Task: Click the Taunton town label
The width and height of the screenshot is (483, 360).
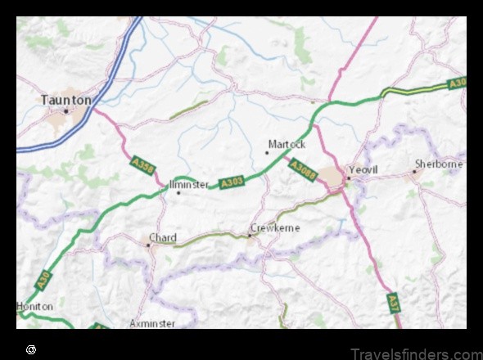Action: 66,99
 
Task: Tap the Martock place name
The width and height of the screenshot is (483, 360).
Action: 287,144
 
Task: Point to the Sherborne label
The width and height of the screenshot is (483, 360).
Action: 439,164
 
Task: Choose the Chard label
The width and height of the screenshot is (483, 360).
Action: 162,238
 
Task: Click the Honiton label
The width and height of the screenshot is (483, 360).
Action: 35,306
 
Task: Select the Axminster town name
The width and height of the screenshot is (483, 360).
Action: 152,323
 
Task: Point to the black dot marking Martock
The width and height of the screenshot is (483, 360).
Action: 267,151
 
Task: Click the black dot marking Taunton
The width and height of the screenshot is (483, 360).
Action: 66,111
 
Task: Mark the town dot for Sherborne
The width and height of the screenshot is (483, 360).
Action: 415,171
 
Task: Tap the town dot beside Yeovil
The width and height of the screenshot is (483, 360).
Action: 348,178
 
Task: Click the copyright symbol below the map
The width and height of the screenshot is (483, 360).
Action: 31,349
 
